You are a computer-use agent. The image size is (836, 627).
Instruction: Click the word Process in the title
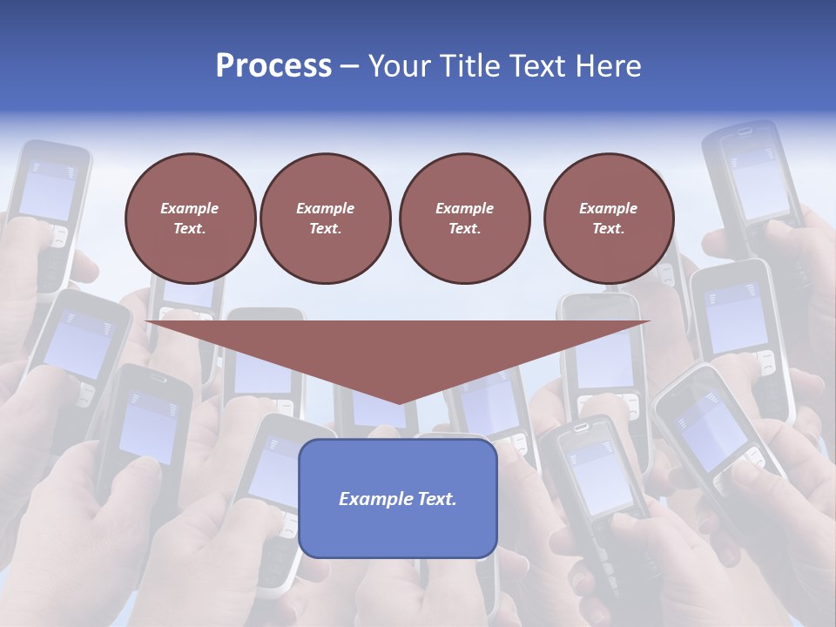273,66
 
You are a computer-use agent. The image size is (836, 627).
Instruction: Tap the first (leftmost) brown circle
190,219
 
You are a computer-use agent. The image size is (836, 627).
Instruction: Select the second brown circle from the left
325,219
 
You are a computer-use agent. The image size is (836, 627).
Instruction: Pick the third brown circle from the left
464,219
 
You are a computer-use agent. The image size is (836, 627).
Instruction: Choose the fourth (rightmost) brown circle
609,219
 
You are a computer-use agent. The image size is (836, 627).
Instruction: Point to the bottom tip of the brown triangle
399,402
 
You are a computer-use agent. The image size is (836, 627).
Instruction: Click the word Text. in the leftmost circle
190,229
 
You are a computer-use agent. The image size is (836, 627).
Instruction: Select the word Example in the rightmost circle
608,208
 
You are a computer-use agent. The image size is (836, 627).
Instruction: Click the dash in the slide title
349,66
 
